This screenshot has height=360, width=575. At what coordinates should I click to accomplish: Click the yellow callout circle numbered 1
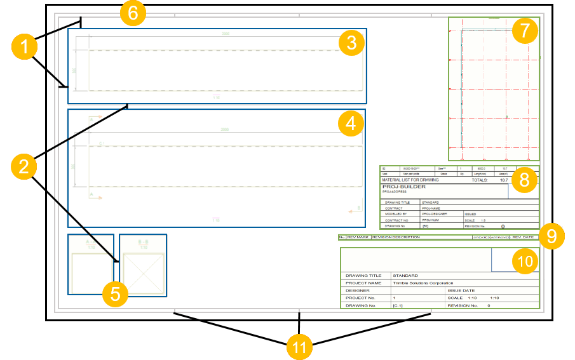(x=24, y=47)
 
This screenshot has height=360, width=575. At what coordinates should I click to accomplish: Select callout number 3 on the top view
(x=351, y=43)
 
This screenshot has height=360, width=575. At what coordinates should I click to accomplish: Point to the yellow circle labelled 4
(x=351, y=124)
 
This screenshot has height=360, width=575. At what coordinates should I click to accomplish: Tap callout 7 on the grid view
(x=525, y=31)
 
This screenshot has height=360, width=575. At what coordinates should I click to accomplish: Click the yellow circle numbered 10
(x=525, y=261)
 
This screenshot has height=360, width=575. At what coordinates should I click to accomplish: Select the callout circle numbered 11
(x=299, y=347)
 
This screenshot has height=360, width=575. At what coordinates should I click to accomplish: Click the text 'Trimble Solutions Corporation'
(x=423, y=283)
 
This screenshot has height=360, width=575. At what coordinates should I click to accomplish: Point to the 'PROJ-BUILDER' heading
(x=403, y=187)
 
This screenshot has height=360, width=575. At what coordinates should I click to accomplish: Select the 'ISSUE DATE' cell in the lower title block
(x=461, y=290)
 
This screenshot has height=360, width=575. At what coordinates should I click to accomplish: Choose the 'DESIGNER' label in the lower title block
(x=357, y=290)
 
